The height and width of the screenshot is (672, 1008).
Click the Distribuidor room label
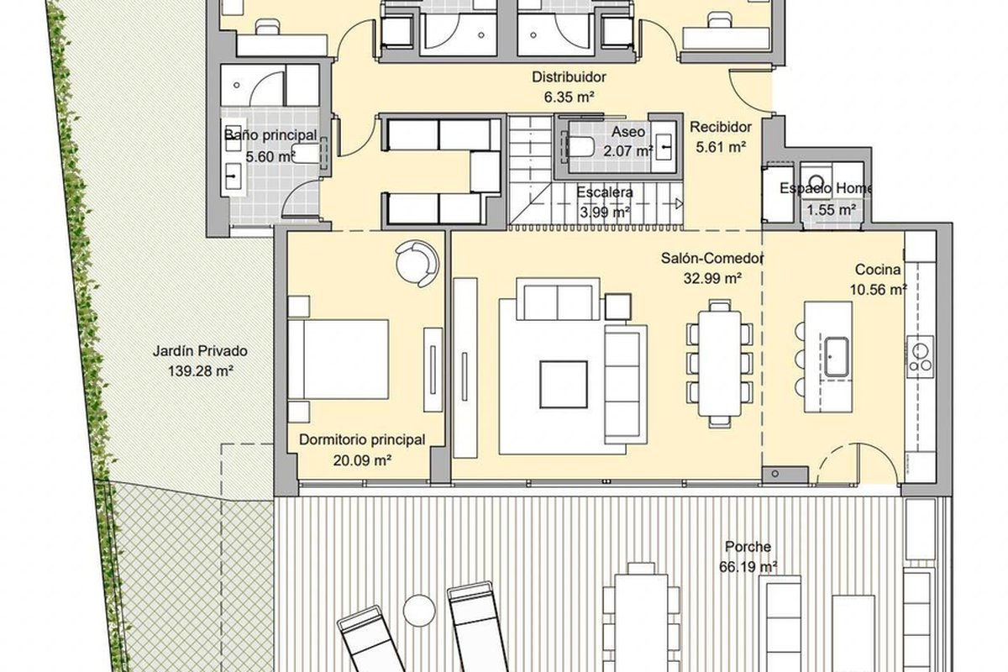569,77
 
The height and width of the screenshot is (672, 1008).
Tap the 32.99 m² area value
712,279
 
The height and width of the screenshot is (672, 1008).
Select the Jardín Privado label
200,350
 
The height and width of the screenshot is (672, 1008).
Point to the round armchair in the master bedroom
417,264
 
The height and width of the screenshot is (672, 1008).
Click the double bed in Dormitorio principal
338,360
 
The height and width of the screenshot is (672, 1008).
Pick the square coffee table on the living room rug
564,385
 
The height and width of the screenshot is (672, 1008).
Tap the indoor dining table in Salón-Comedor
720,363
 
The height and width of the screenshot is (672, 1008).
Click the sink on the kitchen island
836,357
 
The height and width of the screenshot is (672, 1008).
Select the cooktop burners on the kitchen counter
921,357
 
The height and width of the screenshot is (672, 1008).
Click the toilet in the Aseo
581,147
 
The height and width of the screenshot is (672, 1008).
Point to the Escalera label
605,192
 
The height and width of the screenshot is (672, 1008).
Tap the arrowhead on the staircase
679,204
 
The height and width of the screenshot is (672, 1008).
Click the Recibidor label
721,127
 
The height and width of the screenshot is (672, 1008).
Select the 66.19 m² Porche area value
748,567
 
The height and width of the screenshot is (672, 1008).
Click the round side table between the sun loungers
419,611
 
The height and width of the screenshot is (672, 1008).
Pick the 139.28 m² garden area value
200,371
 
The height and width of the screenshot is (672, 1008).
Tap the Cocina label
878,270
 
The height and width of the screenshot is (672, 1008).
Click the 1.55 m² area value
831,210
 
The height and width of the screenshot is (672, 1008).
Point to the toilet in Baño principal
306,154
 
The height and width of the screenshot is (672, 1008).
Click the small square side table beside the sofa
618,307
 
